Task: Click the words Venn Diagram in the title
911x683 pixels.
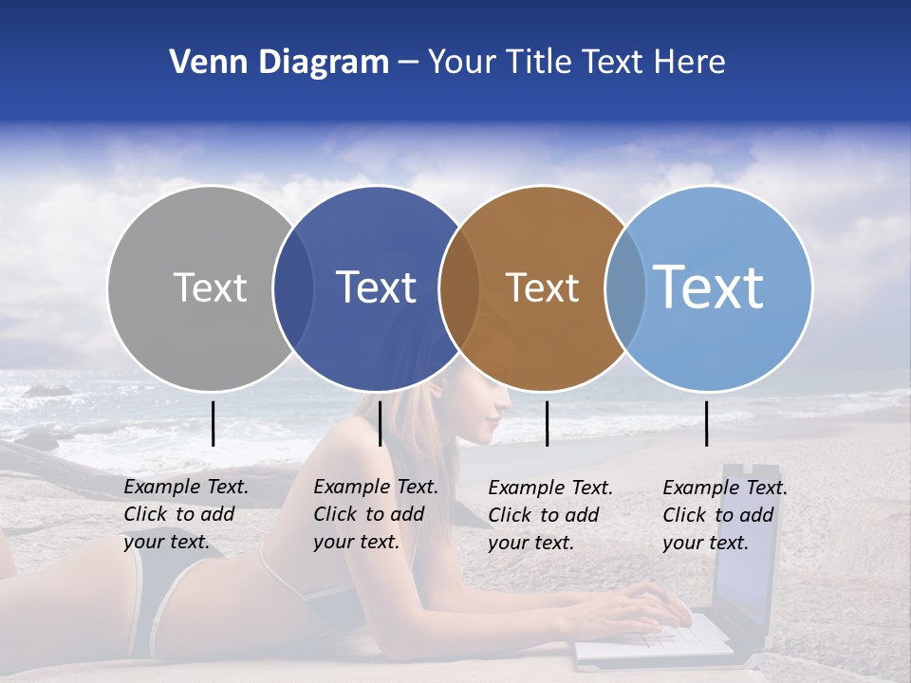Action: coord(279,63)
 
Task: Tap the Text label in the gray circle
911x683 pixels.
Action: coord(210,287)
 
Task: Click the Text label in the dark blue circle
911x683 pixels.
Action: coord(376,287)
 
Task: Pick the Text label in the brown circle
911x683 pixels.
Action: coord(542,287)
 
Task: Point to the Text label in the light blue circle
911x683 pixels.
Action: coord(709,287)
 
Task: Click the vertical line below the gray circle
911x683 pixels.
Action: coord(214,423)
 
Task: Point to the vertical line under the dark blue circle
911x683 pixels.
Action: coord(380,423)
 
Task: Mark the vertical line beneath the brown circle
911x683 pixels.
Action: coord(547,423)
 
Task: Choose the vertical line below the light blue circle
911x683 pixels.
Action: coord(706,423)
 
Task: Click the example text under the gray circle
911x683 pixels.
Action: coord(185,514)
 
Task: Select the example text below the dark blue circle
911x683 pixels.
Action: coord(375,514)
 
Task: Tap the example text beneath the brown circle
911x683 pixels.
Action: coord(549,515)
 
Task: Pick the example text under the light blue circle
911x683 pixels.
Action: coord(724,515)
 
